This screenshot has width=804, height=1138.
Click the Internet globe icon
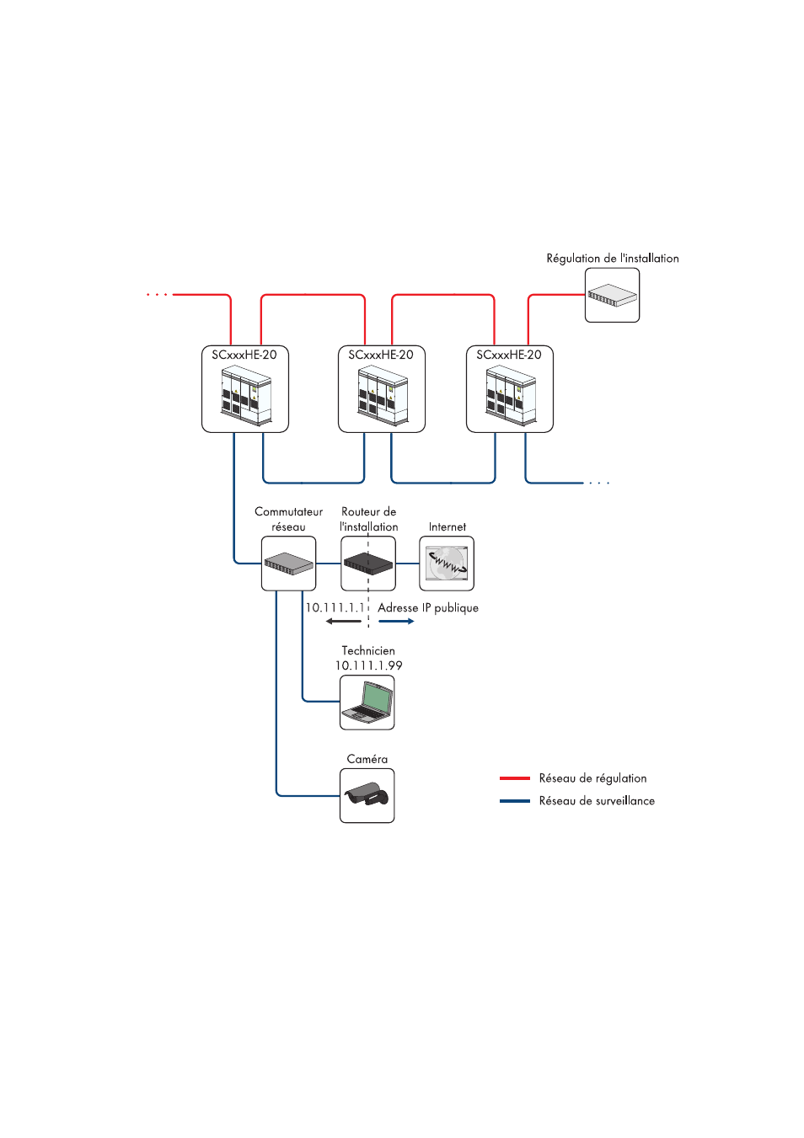(x=447, y=564)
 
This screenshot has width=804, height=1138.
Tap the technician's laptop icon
(x=367, y=703)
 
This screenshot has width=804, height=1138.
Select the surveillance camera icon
(x=367, y=795)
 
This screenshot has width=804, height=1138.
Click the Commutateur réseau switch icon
(x=288, y=564)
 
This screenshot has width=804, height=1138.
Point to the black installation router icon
(x=368, y=564)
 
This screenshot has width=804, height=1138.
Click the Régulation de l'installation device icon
(x=612, y=296)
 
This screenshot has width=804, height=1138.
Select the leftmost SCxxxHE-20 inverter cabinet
(x=245, y=396)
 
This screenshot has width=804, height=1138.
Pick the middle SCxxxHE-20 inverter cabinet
(x=382, y=396)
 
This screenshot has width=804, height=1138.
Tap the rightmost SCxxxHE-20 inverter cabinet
(x=510, y=396)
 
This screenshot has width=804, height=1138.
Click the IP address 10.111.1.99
(x=368, y=665)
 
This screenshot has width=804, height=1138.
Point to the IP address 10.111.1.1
(x=335, y=607)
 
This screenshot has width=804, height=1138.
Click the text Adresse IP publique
(x=428, y=607)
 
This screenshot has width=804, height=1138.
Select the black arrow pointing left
(x=343, y=622)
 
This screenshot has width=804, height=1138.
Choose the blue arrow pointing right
(x=396, y=622)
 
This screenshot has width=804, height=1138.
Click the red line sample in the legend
(x=515, y=778)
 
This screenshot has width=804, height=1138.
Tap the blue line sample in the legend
(x=515, y=801)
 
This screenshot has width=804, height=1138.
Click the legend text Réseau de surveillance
(x=597, y=801)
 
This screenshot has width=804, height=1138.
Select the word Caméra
(x=367, y=759)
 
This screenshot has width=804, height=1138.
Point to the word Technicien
(x=368, y=650)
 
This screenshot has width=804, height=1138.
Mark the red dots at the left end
(x=157, y=295)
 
